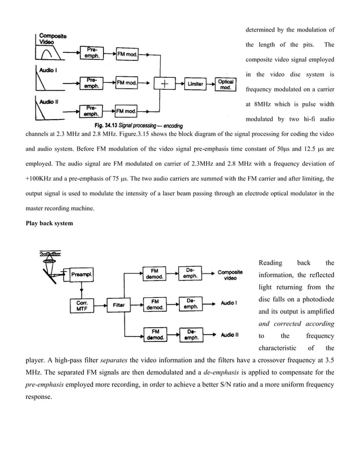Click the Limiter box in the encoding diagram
(196, 83)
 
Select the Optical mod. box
(226, 84)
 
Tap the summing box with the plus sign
(165, 83)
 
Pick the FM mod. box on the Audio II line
(126, 110)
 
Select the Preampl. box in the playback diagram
(82, 274)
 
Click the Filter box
(118, 305)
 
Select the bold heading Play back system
(50, 223)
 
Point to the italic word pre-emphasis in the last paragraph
(45, 384)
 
